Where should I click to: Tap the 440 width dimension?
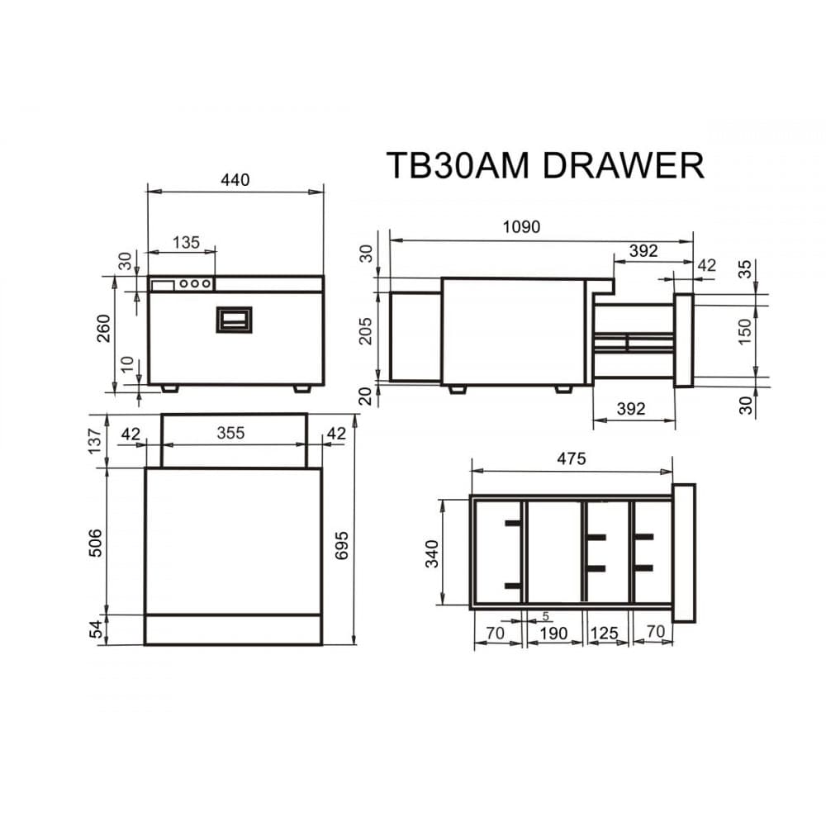pyautogui.click(x=235, y=180)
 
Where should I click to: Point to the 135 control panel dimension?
pyautogui.click(x=186, y=242)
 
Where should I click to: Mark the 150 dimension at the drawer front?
pyautogui.click(x=746, y=332)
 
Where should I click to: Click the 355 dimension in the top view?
pyautogui.click(x=230, y=433)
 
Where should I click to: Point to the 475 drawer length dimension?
pyautogui.click(x=571, y=459)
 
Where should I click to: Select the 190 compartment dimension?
pyautogui.click(x=553, y=634)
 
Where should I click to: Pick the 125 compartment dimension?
pyautogui.click(x=605, y=634)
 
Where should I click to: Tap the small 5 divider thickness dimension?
pyautogui.click(x=546, y=616)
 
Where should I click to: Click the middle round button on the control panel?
pyautogui.click(x=195, y=284)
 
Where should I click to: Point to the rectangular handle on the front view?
pyautogui.click(x=234, y=319)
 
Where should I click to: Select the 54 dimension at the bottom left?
pyautogui.click(x=96, y=629)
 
